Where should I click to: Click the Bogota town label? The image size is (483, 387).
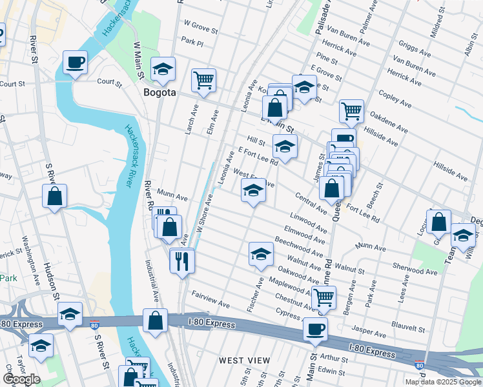pyautogui.click(x=159, y=93)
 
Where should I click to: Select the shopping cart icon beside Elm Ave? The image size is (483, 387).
pyautogui.click(x=203, y=81)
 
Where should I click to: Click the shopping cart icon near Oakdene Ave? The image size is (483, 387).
pyautogui.click(x=351, y=111)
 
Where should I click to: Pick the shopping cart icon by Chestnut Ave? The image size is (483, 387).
pyautogui.click(x=324, y=298)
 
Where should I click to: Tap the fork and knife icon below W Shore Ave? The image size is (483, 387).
pyautogui.click(x=181, y=260)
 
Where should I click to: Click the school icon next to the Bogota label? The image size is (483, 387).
pyautogui.click(x=163, y=68)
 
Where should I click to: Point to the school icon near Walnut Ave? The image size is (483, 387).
pyautogui.click(x=261, y=253)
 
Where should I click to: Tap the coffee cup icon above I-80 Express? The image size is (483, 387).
pyautogui.click(x=316, y=329)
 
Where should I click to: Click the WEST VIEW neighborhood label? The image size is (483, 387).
pyautogui.click(x=244, y=360)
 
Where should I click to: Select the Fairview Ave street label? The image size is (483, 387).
pyautogui.click(x=211, y=299)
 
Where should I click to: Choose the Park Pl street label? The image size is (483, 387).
pyautogui.click(x=192, y=41)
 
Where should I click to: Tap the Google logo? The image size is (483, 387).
pyautogui.click(x=21, y=379)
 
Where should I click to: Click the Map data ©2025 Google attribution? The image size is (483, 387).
pyautogui.click(x=442, y=382)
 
